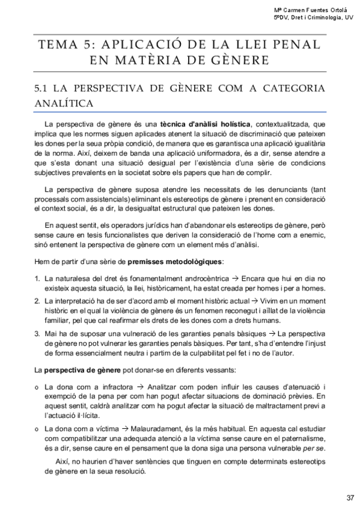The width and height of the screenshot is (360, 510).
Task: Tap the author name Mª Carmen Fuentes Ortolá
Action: [x=313, y=10]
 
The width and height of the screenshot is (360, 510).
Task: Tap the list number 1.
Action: [x=37, y=278]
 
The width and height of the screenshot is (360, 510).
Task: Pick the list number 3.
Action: [x=37, y=333]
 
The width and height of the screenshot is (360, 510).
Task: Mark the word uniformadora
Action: [x=199, y=153]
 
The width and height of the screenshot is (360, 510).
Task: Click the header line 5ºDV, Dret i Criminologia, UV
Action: [x=313, y=19]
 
